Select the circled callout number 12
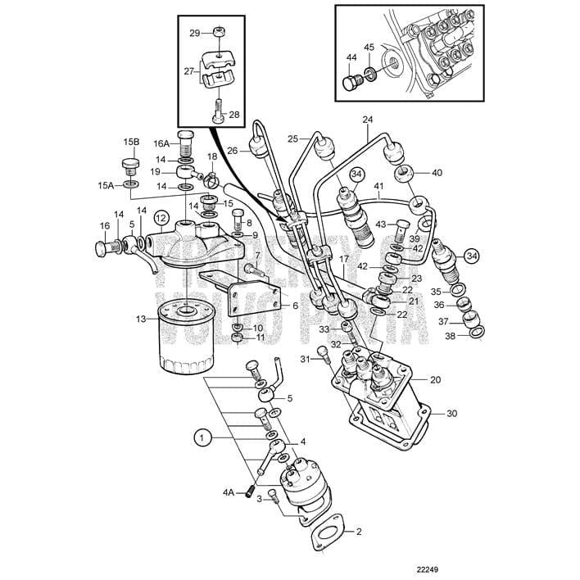point(161,219)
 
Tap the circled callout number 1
point(202,437)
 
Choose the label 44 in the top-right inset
point(351,58)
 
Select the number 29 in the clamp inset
point(194,34)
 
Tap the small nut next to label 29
point(219,32)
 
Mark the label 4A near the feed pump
point(229,492)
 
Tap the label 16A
point(161,143)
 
